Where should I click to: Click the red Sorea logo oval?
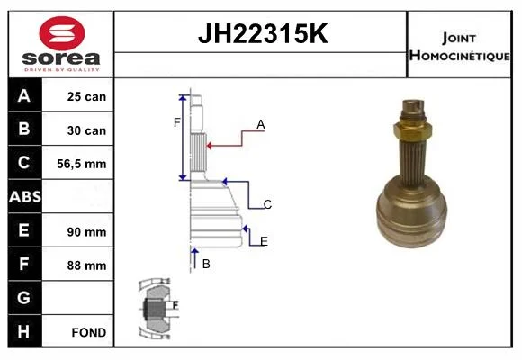(62, 33)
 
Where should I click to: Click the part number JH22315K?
(263, 33)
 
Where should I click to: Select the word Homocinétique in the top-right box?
(459, 56)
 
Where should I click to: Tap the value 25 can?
(86, 96)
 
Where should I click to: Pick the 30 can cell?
(86, 130)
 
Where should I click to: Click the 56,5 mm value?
(82, 164)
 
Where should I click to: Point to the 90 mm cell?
(86, 232)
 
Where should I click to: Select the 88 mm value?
(86, 265)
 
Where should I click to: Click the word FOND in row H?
(89, 332)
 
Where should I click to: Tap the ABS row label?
(25, 196)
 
